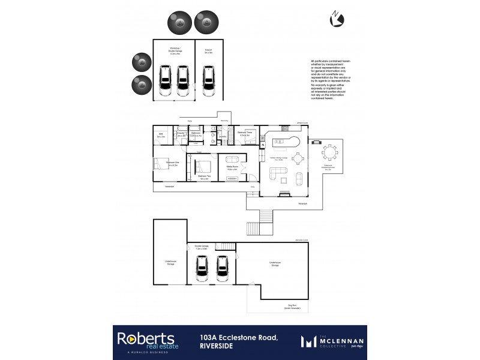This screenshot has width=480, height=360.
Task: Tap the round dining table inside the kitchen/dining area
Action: (x=299, y=158)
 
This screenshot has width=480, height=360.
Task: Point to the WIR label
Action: (x=161, y=136)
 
